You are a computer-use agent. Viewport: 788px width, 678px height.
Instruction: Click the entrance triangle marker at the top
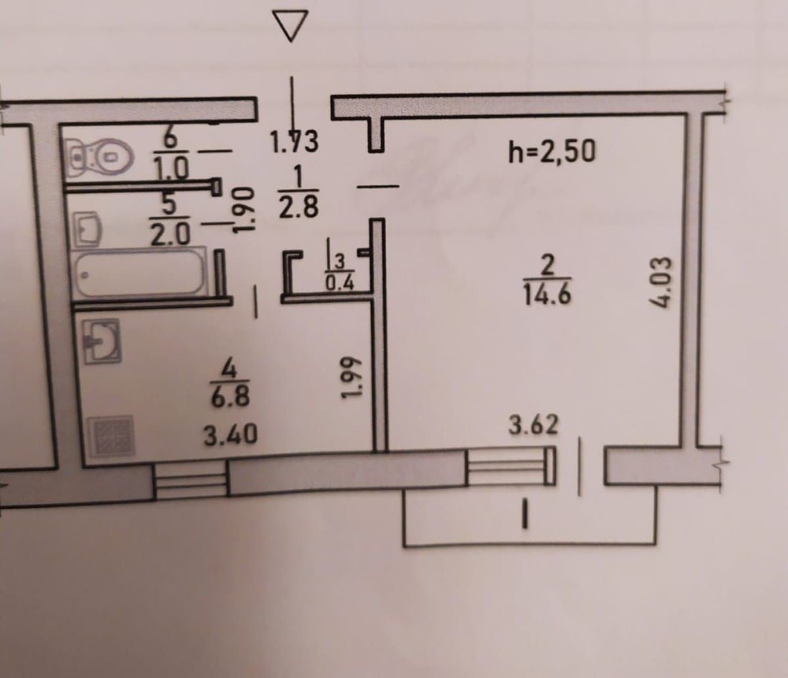292,26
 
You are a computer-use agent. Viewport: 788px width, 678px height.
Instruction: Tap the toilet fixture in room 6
98,155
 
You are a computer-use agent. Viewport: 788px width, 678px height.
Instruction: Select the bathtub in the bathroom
139,272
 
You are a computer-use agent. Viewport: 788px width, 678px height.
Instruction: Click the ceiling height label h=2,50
552,151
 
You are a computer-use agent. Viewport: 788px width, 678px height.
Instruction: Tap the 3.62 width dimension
533,425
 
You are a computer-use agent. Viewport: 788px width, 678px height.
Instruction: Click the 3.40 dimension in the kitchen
229,434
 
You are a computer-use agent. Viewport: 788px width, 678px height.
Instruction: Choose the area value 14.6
545,296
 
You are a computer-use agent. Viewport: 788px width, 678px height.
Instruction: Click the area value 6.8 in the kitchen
230,397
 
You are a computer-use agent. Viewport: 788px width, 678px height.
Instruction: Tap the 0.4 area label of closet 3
340,284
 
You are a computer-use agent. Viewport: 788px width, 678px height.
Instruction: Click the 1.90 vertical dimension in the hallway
244,208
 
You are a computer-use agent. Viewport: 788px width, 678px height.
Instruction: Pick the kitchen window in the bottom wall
190,480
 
